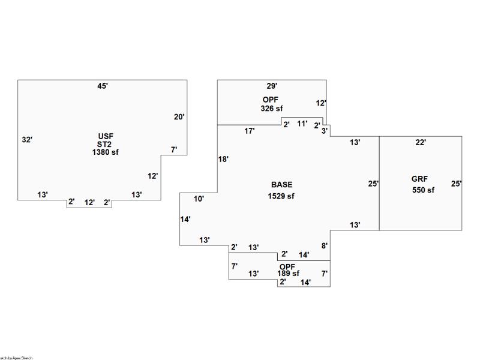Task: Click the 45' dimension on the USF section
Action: pyautogui.click(x=103, y=86)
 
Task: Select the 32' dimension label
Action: pyautogui.click(x=27, y=140)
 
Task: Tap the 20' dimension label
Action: pyautogui.click(x=179, y=117)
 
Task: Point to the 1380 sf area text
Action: pyautogui.click(x=105, y=152)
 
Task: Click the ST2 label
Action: pyautogui.click(x=105, y=144)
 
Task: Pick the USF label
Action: pyautogui.click(x=105, y=136)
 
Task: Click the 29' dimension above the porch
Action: pyautogui.click(x=272, y=86)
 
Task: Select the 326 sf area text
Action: pyautogui.click(x=271, y=109)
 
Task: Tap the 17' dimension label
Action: pyautogui.click(x=250, y=131)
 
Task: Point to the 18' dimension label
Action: pyautogui.click(x=223, y=160)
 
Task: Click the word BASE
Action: pyautogui.click(x=281, y=185)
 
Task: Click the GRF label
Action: pyautogui.click(x=419, y=179)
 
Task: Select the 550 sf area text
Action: pyautogui.click(x=423, y=190)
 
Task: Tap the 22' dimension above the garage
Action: pyautogui.click(x=421, y=143)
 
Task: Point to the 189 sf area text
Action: pyautogui.click(x=288, y=274)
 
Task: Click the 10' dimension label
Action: pyautogui.click(x=199, y=199)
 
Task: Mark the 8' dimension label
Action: pyautogui.click(x=324, y=246)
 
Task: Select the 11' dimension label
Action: pyautogui.click(x=302, y=124)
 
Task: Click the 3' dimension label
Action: pyautogui.click(x=325, y=131)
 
